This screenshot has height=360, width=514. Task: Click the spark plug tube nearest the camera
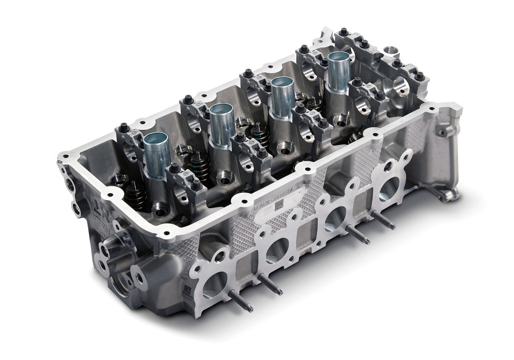click(x=157, y=155)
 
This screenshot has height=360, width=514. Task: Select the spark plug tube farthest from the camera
click(x=339, y=72)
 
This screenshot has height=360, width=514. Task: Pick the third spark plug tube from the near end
click(x=282, y=97)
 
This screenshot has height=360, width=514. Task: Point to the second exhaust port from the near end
click(x=277, y=250)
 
